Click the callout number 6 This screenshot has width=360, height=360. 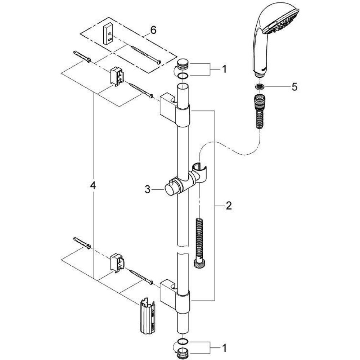tap(153, 30)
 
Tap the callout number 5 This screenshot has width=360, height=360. tap(294, 87)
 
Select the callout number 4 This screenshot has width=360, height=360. tap(93, 185)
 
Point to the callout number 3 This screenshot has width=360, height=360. tap(147, 189)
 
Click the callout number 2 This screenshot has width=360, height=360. tap(229, 206)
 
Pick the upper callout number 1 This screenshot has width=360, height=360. tap(224, 69)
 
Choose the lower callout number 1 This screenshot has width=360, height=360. tap(224, 348)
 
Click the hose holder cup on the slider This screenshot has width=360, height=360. tap(200, 171)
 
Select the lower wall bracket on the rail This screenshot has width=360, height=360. tap(175, 297)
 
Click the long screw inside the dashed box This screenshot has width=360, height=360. tap(145, 55)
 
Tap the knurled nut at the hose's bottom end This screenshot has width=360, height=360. tap(199, 263)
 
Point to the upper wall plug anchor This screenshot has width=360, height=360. tap(82, 57)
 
